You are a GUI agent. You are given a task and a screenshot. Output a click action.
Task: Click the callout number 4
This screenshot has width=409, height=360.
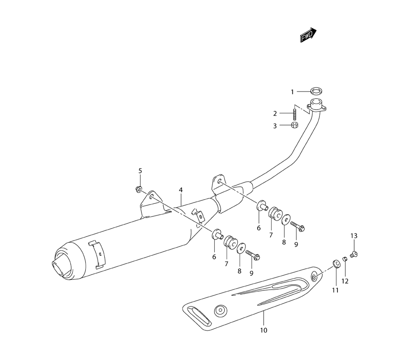180,190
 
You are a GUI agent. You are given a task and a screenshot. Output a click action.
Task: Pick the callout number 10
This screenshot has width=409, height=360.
263,330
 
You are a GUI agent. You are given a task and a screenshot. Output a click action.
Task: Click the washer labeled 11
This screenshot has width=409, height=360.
336,263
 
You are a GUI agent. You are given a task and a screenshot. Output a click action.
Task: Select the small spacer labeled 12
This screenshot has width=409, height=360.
345,259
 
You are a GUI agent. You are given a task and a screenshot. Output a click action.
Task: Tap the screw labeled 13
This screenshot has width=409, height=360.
354,254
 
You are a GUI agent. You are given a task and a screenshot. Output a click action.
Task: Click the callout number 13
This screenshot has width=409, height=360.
354,236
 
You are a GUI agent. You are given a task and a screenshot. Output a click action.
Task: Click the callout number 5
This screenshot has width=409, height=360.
140,171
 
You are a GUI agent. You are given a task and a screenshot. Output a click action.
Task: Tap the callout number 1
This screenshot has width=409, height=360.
292,92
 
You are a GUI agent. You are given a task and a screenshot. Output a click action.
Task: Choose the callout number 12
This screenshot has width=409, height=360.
345,281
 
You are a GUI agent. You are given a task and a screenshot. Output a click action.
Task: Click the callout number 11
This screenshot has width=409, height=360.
335,290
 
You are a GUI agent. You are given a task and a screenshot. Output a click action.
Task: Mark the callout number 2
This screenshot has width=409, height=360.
275,113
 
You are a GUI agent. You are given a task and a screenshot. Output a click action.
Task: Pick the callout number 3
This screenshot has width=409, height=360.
275,126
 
